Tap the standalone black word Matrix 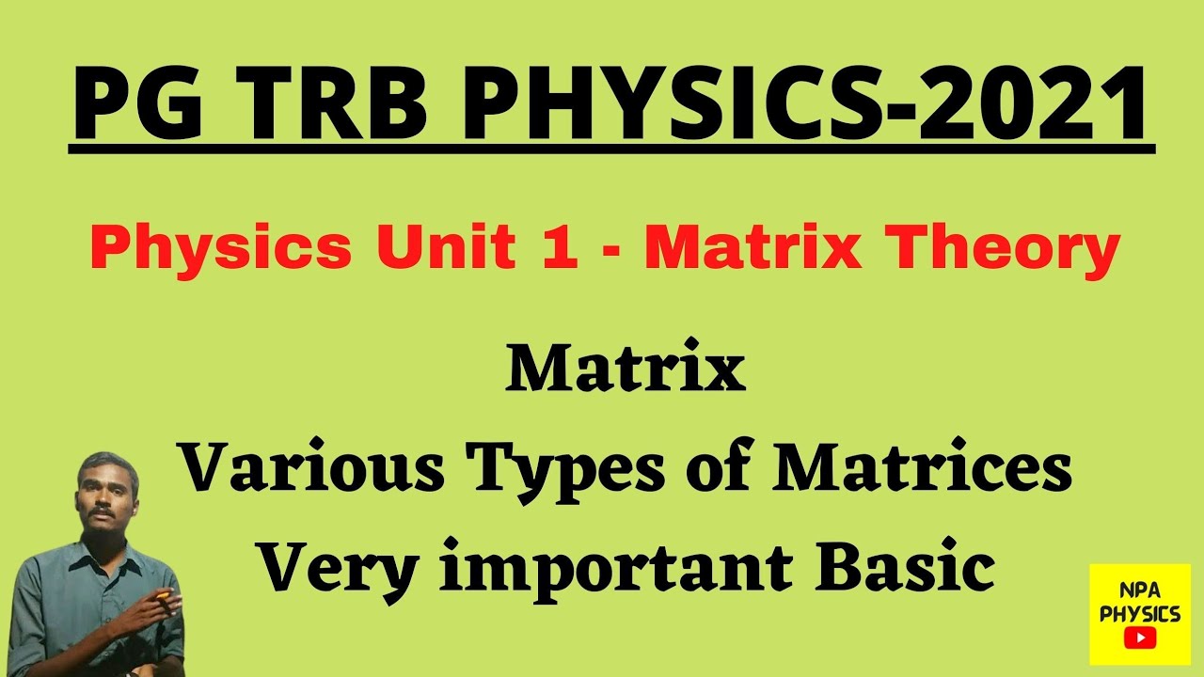(x=626, y=370)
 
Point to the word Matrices (x=922, y=470)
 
